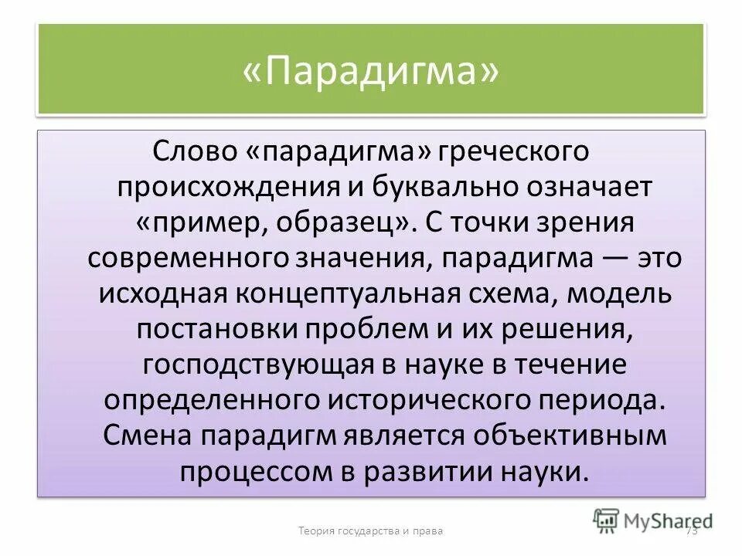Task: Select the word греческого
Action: point(516,150)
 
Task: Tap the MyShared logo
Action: point(651,520)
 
